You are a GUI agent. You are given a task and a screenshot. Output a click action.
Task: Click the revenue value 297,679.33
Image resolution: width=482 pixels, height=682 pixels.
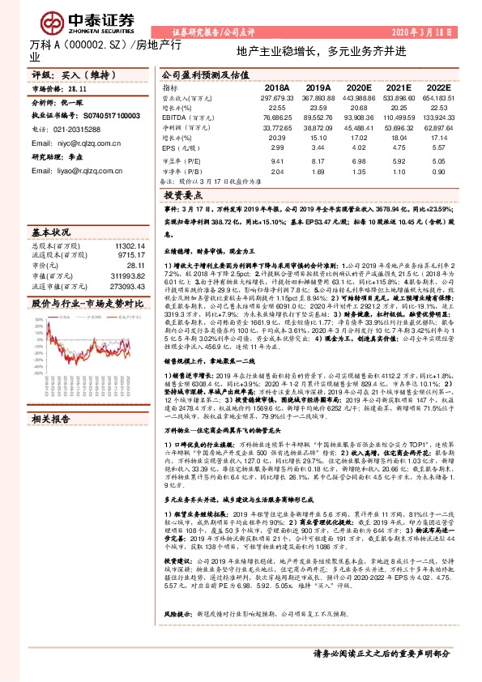click(x=277, y=96)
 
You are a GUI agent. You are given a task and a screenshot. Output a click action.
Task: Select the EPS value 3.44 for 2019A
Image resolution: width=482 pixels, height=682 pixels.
click(x=317, y=149)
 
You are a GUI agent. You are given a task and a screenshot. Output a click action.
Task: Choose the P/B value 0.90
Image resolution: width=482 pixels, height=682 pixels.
click(x=438, y=171)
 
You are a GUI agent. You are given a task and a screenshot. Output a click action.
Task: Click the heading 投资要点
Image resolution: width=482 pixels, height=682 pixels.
click(x=183, y=196)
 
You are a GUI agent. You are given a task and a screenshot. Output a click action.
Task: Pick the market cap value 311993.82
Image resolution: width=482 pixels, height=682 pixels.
click(x=131, y=275)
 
